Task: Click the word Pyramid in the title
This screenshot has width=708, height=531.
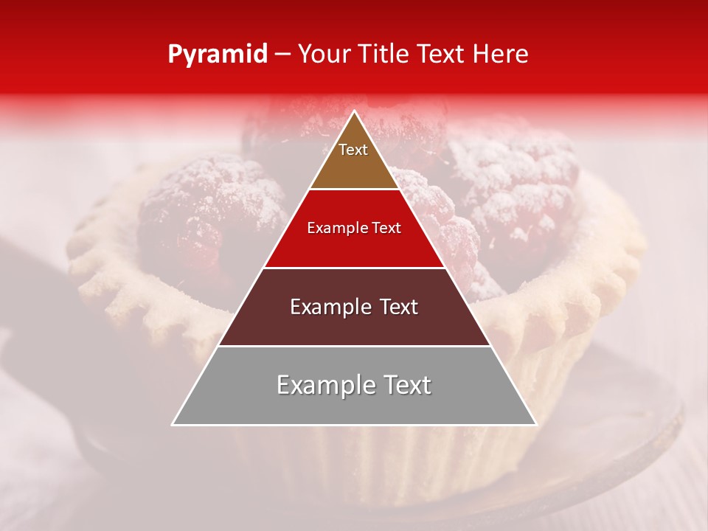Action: (x=218, y=55)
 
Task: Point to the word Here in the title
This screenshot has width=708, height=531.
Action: (x=502, y=54)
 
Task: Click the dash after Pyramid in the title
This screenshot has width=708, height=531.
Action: (x=282, y=55)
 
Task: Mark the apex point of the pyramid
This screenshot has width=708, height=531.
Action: (x=354, y=111)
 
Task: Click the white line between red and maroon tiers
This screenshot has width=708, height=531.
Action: (x=354, y=268)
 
